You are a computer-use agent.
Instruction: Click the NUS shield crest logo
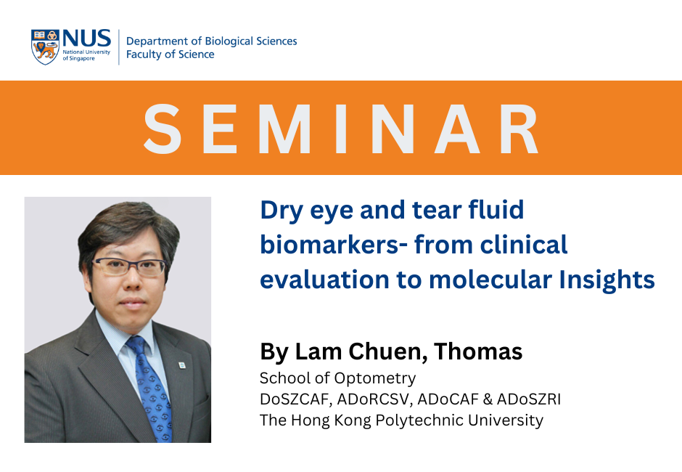pos(45,47)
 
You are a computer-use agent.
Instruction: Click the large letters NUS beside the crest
pos(86,38)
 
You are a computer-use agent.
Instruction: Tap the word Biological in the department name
pos(229,41)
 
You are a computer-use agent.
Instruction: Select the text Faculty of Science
pos(170,54)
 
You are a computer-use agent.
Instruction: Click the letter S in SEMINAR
pos(163,129)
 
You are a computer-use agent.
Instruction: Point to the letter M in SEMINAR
pos(286,129)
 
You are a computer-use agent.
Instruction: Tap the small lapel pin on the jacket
pos(182,365)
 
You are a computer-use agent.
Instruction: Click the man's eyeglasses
pos(130,266)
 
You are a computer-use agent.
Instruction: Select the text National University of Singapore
pos(86,55)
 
